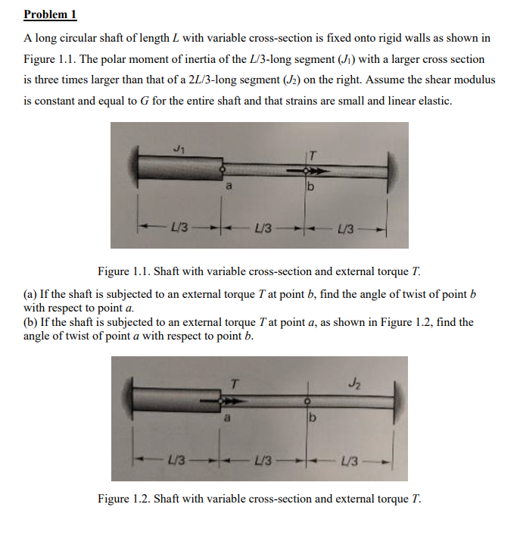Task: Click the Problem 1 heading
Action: tap(50, 14)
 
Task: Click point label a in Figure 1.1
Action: tap(226, 184)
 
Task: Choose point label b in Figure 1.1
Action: tap(309, 186)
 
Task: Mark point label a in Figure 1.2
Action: tap(226, 417)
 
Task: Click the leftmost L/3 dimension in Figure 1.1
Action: tap(179, 227)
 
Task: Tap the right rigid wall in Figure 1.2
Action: tap(396, 397)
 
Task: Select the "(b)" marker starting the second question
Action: tap(32, 322)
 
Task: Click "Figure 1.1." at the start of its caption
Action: tap(124, 271)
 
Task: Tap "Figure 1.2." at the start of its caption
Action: tap(124, 499)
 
